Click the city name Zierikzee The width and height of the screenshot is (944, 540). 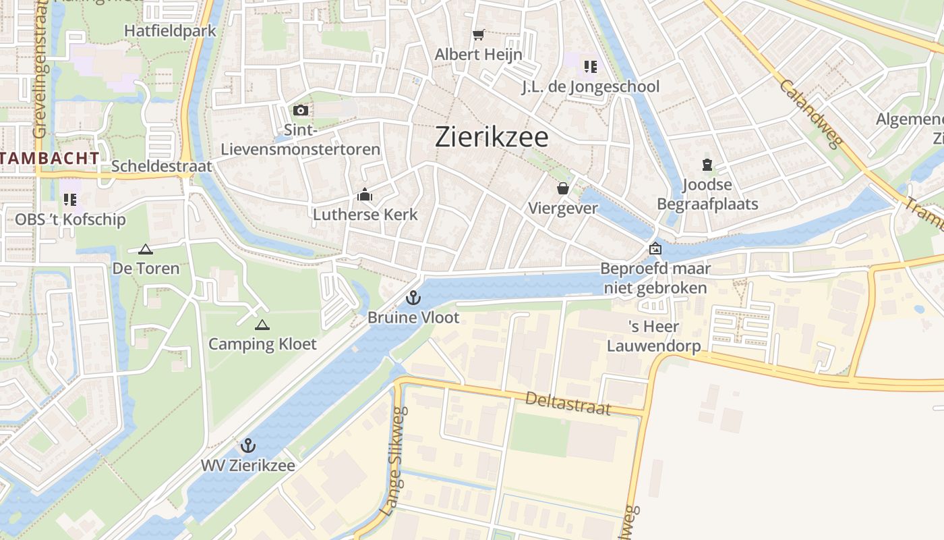(x=492, y=137)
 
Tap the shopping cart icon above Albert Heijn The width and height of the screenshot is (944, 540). (x=479, y=34)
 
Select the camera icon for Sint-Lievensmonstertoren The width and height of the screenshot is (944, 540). (x=301, y=110)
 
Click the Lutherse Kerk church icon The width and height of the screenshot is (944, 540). (x=365, y=196)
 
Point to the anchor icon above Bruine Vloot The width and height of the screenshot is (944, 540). (x=413, y=298)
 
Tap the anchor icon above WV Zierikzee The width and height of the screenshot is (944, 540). (x=248, y=446)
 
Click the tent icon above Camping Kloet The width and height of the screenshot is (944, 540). (x=262, y=325)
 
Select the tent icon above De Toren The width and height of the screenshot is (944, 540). (x=146, y=249)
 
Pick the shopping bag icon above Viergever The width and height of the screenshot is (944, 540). (x=563, y=188)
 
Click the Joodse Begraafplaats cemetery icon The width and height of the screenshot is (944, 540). (x=707, y=164)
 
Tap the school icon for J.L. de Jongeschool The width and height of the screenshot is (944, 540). (x=591, y=66)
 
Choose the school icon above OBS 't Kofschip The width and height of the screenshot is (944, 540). (x=70, y=199)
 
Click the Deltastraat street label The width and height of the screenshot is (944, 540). (x=568, y=403)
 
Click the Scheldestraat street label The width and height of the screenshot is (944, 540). (x=162, y=166)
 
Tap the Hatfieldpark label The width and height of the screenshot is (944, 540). (x=170, y=30)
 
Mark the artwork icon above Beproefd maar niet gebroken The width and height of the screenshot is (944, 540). (x=655, y=249)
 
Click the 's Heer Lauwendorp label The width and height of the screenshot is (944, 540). (x=654, y=336)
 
